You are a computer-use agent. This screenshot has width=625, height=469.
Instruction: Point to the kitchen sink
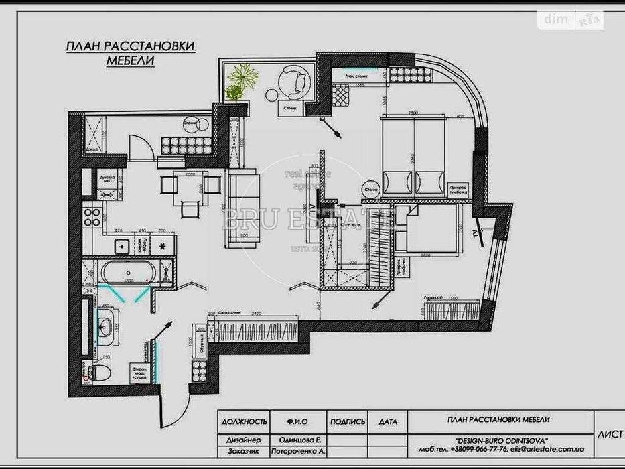tap(121, 246)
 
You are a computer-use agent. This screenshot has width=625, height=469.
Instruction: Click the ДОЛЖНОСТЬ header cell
tap(244, 421)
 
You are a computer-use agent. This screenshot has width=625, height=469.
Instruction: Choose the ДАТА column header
tap(387, 421)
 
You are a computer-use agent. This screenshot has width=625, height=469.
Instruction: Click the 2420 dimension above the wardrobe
tap(253, 312)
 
